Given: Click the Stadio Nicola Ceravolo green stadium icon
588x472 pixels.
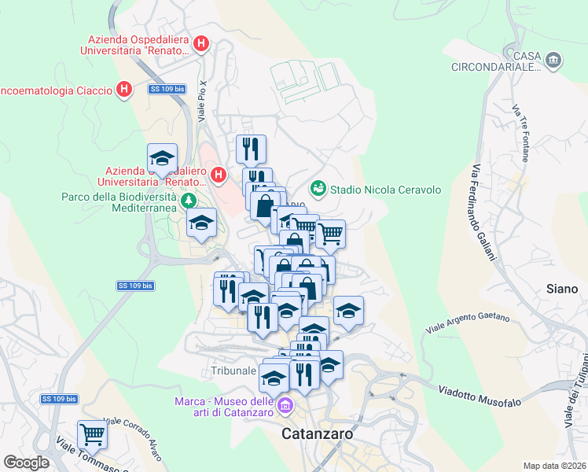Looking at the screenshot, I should (318, 188).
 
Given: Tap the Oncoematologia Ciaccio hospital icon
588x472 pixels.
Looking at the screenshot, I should (123, 90).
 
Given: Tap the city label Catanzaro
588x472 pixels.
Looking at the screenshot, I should (317, 433).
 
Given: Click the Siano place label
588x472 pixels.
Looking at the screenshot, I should (562, 289).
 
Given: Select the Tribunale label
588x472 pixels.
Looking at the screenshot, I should (233, 370).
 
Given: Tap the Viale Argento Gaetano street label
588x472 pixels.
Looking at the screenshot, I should (467, 321).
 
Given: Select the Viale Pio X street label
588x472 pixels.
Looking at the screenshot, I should (202, 99).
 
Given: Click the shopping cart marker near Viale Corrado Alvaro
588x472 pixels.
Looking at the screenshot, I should (92, 433).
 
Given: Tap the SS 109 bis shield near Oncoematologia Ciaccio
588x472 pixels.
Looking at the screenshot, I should (167, 90).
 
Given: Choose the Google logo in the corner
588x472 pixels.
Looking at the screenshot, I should (26, 463).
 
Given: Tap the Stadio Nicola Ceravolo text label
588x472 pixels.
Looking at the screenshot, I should (385, 190).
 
